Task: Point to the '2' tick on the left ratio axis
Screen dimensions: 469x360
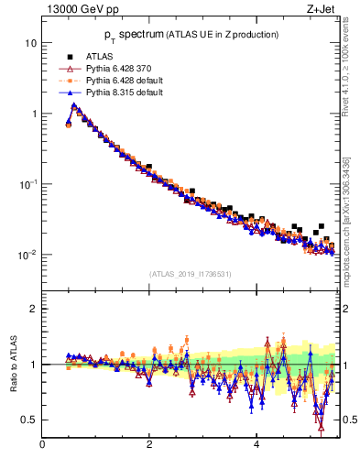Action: click(34, 309)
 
